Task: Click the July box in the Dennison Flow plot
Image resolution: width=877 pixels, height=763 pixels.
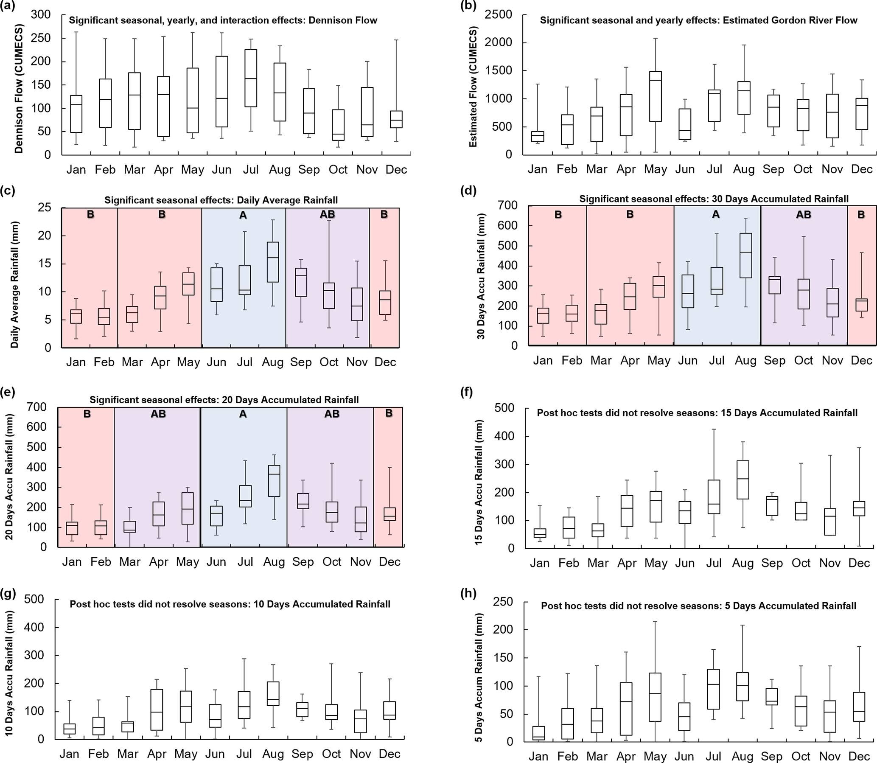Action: point(251,78)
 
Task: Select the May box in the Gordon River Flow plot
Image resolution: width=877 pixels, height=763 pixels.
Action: point(655,96)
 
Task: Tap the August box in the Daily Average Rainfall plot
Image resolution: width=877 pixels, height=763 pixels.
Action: point(272,262)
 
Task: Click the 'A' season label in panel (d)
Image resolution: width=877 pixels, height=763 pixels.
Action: point(716,214)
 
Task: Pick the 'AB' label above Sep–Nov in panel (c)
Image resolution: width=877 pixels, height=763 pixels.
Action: point(328,214)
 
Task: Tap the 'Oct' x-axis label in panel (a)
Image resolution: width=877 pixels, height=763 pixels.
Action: point(338,169)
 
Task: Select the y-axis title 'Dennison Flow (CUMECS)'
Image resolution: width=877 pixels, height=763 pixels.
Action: point(18,89)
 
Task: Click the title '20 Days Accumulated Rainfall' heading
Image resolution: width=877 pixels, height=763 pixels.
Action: point(224,400)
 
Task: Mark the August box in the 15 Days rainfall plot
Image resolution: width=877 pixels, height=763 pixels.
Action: point(743,480)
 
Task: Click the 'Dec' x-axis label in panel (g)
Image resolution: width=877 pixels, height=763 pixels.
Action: point(389,754)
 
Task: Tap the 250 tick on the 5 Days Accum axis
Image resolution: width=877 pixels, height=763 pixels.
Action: point(503,602)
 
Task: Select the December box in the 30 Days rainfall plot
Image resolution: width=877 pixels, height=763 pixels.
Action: point(862,305)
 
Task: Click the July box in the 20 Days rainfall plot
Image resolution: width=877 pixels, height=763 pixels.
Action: point(245,496)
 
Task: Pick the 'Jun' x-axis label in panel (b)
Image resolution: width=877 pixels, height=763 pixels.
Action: point(684,169)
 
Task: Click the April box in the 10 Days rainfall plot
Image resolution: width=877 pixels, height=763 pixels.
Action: point(157,710)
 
